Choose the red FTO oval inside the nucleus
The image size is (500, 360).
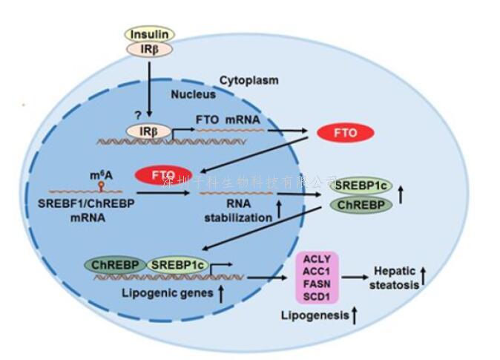click(x=162, y=175)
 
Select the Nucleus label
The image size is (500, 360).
click(x=194, y=94)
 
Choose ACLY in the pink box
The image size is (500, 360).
click(x=317, y=261)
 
